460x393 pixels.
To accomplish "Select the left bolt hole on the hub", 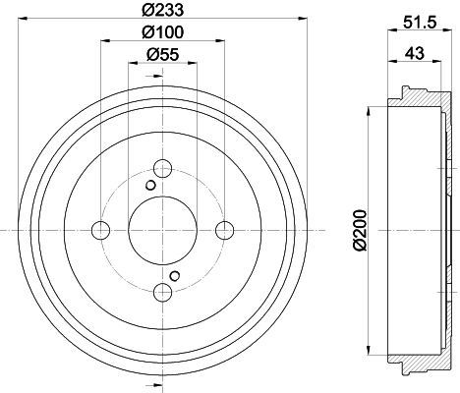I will (x=100, y=230).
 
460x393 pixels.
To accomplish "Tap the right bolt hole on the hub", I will (x=225, y=230).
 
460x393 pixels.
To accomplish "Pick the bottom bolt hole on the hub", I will (x=163, y=292).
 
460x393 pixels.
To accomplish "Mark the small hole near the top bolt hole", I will (x=150, y=185).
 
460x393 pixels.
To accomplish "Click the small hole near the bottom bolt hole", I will (x=175, y=275).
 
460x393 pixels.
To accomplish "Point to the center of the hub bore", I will (x=163, y=230).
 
